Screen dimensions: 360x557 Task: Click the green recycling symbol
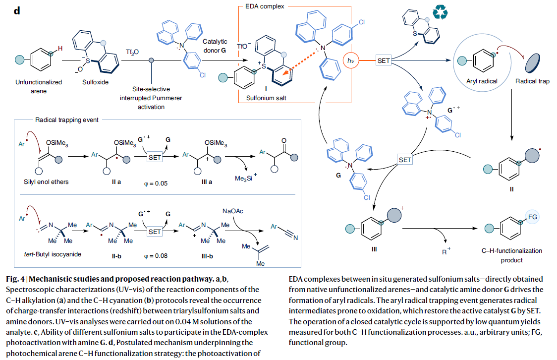tap(441, 13)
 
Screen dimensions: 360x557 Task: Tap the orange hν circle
tap(351, 60)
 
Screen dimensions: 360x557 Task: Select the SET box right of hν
tap(384, 60)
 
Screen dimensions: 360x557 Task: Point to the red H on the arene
tap(60, 49)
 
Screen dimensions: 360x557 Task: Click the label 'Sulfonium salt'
tap(266, 98)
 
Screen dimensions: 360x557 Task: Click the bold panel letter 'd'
tap(17, 10)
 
